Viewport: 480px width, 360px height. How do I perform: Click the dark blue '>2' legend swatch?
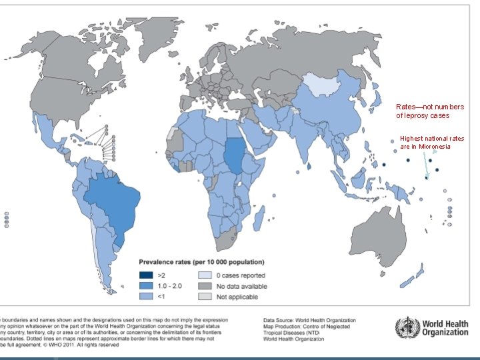pyautogui.click(x=145, y=275)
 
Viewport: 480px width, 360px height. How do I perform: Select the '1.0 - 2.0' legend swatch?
pyautogui.click(x=145, y=286)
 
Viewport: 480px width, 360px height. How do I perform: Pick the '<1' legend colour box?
pyautogui.click(x=145, y=296)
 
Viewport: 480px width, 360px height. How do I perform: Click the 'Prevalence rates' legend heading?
pyautogui.click(x=201, y=261)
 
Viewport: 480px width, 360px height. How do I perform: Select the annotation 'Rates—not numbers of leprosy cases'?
pyautogui.click(x=430, y=111)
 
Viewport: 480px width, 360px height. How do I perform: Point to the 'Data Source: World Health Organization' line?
pyautogui.click(x=309, y=320)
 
